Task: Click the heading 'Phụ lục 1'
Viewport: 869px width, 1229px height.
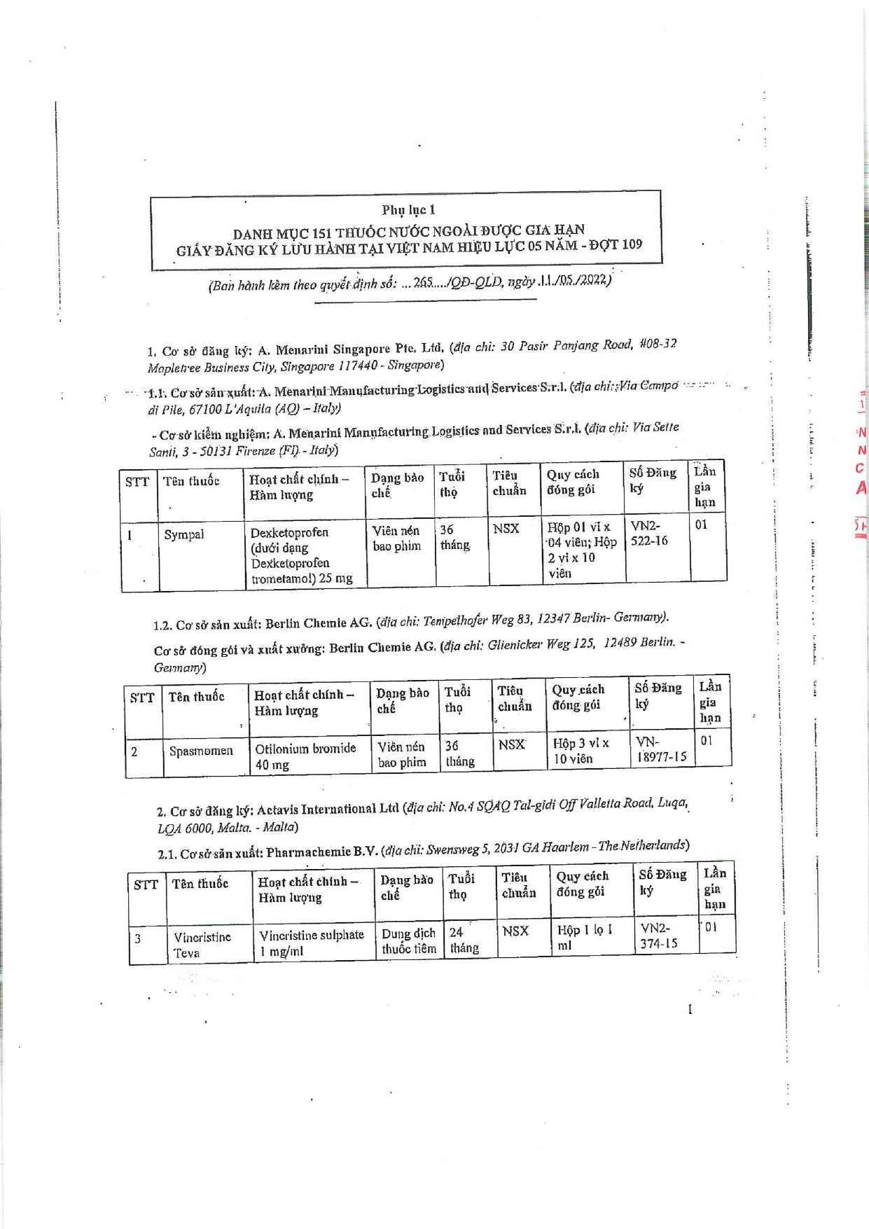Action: [x=408, y=209]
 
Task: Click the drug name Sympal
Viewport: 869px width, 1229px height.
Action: [x=184, y=534]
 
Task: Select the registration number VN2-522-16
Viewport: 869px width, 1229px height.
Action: [x=649, y=533]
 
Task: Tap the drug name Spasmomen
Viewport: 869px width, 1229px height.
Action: [x=201, y=751]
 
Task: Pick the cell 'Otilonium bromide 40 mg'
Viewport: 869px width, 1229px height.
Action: [x=305, y=756]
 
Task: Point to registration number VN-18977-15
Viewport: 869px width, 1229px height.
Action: [x=661, y=749]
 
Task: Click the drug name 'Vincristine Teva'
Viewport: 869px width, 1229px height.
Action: [x=202, y=944]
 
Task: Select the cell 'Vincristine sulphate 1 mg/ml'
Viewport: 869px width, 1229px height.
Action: [x=311, y=943]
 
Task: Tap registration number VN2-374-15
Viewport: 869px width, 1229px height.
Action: [x=659, y=936]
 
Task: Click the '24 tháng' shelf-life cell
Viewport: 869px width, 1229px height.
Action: [x=464, y=940]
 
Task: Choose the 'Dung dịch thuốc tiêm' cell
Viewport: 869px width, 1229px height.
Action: [x=409, y=941]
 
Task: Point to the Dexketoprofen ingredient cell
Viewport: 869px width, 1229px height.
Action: [x=301, y=555]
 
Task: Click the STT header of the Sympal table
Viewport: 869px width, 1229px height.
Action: [x=137, y=482]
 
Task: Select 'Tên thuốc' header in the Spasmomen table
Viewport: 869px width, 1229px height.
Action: [x=197, y=696]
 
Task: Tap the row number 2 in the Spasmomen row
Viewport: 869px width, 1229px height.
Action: [x=134, y=751]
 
